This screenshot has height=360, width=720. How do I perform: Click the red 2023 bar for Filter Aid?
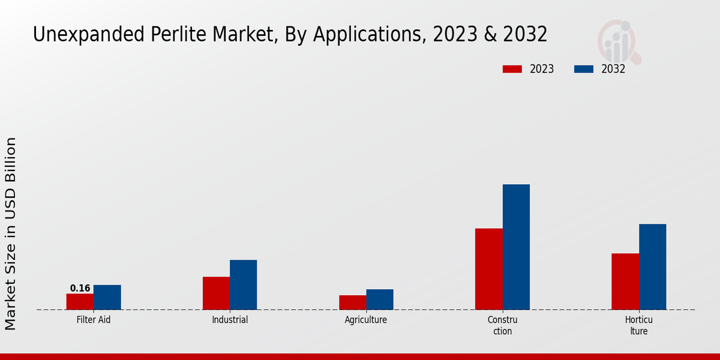click(x=80, y=301)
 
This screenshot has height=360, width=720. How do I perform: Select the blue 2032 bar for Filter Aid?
click(x=107, y=297)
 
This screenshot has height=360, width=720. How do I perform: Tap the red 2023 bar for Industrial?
click(x=216, y=293)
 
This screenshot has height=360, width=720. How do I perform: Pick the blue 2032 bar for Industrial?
click(x=243, y=284)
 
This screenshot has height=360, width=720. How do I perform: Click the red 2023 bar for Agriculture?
click(x=352, y=302)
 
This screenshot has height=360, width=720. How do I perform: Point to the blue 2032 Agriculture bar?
click(x=380, y=299)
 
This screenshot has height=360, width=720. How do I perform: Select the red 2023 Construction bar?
click(x=489, y=269)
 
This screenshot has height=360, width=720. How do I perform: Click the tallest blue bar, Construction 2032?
click(x=516, y=247)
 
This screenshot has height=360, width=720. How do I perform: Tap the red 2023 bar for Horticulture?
click(x=625, y=281)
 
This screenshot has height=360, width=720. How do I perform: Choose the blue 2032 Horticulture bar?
click(x=652, y=266)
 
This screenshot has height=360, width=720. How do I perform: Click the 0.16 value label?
click(x=80, y=288)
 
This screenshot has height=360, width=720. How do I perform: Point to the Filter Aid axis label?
click(x=94, y=320)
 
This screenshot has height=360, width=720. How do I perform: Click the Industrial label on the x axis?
click(x=230, y=320)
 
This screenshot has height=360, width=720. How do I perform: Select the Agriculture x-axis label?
click(x=366, y=320)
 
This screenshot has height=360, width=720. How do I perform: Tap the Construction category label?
click(x=502, y=325)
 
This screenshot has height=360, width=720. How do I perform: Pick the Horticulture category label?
click(x=638, y=325)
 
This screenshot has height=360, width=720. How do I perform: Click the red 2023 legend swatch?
click(x=512, y=69)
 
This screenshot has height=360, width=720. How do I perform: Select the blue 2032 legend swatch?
click(x=584, y=69)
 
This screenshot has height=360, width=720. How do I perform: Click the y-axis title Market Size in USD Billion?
click(x=11, y=233)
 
